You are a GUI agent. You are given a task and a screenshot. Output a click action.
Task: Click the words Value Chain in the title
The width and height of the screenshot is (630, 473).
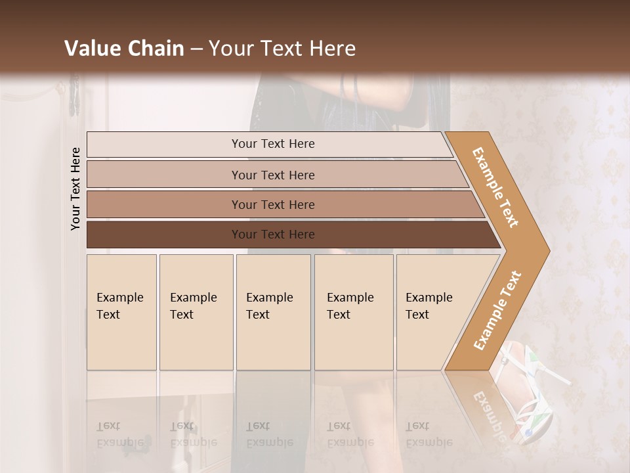tap(124, 49)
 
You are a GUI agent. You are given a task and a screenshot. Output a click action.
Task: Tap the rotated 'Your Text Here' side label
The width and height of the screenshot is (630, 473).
tap(75, 189)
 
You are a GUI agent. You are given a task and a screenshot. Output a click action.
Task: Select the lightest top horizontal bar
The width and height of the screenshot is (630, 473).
tap(164, 145)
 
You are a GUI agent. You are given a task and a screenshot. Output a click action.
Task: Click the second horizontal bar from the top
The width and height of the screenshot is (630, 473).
tap(164, 175)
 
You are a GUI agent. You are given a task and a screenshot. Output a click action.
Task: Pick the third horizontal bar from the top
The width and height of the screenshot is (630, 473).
tap(164, 204)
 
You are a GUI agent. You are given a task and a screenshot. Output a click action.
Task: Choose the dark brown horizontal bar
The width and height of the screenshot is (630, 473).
tap(164, 235)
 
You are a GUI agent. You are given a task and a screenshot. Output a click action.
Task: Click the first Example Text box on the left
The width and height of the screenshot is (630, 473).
tap(121, 312)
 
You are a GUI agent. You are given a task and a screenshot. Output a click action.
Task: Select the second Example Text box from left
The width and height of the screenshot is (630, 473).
tap(196, 312)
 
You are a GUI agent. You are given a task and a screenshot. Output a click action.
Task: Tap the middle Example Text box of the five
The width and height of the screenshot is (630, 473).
tap(273, 312)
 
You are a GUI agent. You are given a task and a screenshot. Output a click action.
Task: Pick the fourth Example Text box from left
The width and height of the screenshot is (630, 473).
tap(354, 312)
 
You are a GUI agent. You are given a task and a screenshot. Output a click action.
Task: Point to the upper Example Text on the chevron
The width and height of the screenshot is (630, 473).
tap(495, 187)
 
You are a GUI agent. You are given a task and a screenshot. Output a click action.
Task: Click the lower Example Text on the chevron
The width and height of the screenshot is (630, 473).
tap(497, 310)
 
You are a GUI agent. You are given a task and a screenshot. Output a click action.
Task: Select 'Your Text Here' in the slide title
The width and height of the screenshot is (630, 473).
tap(282, 49)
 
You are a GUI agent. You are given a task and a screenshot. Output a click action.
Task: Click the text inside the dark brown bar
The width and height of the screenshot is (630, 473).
tap(273, 235)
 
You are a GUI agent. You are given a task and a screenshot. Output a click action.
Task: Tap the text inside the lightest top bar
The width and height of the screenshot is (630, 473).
tap(273, 144)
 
